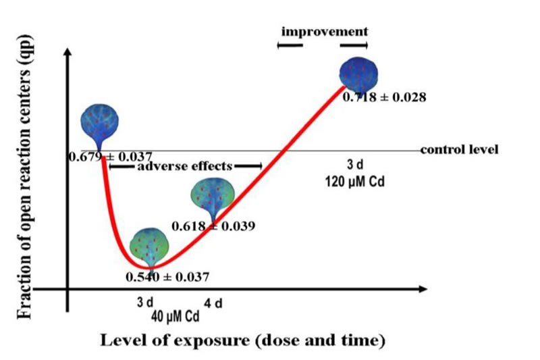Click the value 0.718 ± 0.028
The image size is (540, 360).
point(383,97)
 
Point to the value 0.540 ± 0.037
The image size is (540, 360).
point(167,276)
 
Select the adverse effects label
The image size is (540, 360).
point(185,165)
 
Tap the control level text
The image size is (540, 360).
point(459,149)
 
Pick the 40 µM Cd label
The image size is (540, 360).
point(175,315)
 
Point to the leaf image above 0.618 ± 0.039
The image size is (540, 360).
point(214,196)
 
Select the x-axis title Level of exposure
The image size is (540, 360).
point(242,340)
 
